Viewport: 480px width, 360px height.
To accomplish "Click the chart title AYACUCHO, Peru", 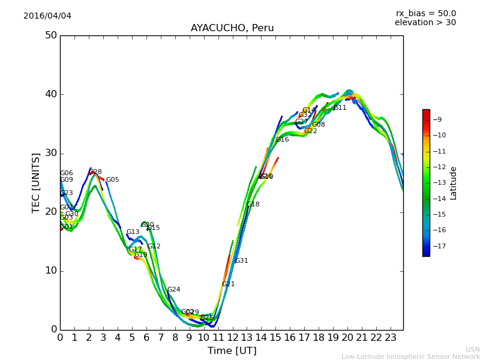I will click(x=232, y=28).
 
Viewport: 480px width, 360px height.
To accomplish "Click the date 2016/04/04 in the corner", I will click(x=47, y=16).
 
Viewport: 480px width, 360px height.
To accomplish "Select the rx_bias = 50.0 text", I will click(x=426, y=13).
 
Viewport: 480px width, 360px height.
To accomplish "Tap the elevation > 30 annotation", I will click(x=425, y=23).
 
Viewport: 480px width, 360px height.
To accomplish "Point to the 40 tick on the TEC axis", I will click(x=50, y=94).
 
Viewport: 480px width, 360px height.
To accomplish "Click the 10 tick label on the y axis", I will click(x=50, y=271).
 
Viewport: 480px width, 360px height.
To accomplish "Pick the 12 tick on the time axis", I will click(x=232, y=338).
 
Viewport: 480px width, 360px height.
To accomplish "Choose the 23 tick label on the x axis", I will click(x=391, y=338).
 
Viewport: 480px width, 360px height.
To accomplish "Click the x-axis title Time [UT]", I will click(x=232, y=351).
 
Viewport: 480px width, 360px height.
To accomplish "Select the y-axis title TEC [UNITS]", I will click(x=36, y=182).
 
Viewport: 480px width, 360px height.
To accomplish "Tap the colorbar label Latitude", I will click(x=454, y=182).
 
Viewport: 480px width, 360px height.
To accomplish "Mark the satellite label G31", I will click(x=241, y=261).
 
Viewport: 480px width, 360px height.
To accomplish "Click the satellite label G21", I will click(x=229, y=284).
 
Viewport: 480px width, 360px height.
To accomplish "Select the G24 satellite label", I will click(x=174, y=290).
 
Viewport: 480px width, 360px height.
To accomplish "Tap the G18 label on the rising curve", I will click(x=253, y=205).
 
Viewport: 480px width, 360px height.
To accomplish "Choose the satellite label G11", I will click(x=340, y=108).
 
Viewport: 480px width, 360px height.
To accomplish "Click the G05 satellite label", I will click(x=113, y=180).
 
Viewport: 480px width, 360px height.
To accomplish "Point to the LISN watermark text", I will click(x=473, y=349).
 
